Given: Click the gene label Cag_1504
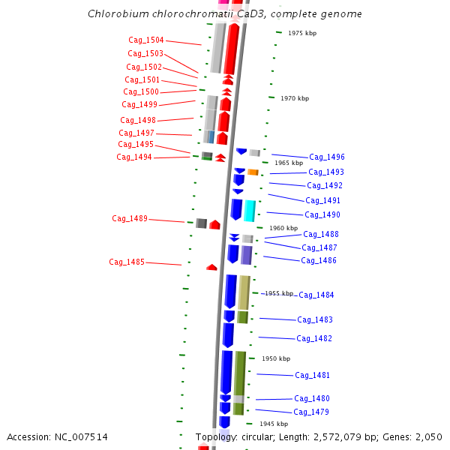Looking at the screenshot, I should coord(145,40).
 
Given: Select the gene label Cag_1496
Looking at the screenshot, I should coord(327,157).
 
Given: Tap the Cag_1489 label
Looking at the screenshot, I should coord(130,218).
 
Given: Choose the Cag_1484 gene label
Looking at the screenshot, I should coord(316,295).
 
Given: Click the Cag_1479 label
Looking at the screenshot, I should coord(311,412).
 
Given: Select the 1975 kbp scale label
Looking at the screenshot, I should coord(302,33).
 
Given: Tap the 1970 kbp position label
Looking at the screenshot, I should coord(294,98).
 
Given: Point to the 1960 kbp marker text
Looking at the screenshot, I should coord(283,228).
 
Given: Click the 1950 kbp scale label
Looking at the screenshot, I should coord(275,358).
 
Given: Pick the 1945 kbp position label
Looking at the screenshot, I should coord(274,424).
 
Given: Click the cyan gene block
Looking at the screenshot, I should coord(250,210).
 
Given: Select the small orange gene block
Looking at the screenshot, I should coord(253,172).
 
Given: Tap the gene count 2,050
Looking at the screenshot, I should coord(428,436).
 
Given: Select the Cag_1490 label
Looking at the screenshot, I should coord(322,214).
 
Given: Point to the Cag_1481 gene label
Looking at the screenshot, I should coord(313,375).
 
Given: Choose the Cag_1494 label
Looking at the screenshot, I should coord(134,157).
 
